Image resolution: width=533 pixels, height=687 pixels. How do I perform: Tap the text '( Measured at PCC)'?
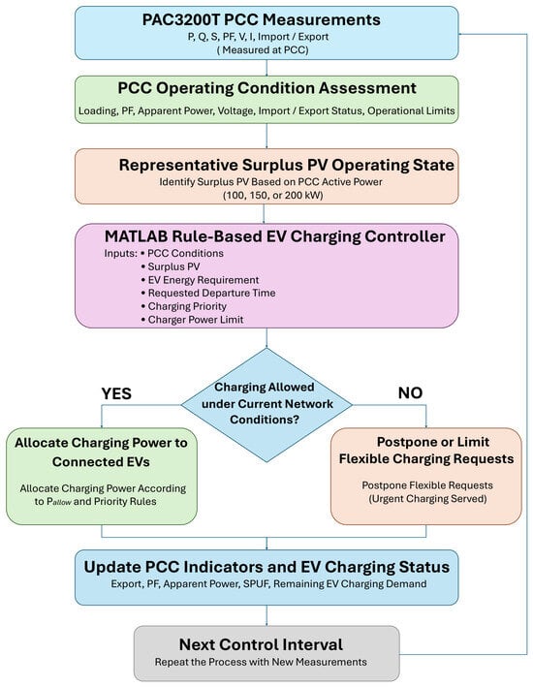(x=263, y=50)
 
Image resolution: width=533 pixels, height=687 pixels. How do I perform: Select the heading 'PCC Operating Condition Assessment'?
(x=266, y=88)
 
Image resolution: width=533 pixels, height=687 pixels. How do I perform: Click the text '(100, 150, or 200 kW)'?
(x=273, y=195)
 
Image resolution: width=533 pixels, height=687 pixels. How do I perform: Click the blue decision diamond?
(x=266, y=405)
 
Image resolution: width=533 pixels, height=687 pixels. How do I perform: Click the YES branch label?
(x=116, y=393)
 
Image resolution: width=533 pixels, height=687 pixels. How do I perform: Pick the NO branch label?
(x=410, y=393)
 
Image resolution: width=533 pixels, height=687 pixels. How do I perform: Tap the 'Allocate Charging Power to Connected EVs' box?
(x=101, y=477)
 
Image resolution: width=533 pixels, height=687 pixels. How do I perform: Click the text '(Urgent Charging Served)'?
(x=427, y=499)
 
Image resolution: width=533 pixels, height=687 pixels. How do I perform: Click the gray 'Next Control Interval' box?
(x=266, y=653)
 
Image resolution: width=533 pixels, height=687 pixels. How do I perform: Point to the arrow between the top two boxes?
(x=266, y=68)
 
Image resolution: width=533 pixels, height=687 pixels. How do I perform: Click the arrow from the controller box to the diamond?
(x=266, y=338)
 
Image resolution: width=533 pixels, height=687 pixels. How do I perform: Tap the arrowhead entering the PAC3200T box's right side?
(x=460, y=34)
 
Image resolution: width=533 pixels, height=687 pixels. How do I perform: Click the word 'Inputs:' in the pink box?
(x=120, y=254)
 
